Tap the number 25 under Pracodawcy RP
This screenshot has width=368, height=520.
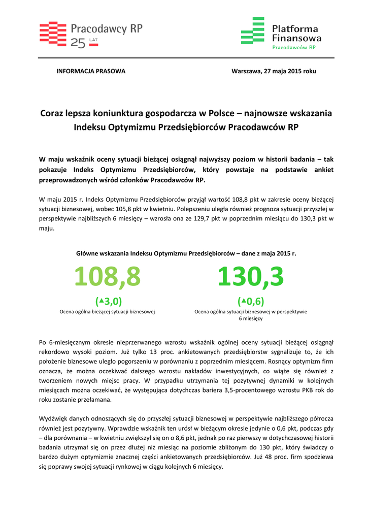coord(78,44)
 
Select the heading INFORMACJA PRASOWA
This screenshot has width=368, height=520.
coord(90,71)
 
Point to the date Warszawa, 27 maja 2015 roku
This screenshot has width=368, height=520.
coord(274,71)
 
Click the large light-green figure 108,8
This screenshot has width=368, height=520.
coord(107,277)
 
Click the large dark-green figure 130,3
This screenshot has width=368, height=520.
coord(251,277)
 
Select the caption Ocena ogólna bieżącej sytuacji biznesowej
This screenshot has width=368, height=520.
coord(107,311)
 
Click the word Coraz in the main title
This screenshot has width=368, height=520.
coord(52,113)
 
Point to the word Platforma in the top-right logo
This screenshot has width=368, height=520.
coord(295,29)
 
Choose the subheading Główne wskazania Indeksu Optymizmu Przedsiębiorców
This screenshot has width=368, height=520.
coord(186,253)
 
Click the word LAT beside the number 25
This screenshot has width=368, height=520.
coord(93,39)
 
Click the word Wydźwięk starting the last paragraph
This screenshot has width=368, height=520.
coord(53,418)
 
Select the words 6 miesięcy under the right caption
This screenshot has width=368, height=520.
coord(251,318)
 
